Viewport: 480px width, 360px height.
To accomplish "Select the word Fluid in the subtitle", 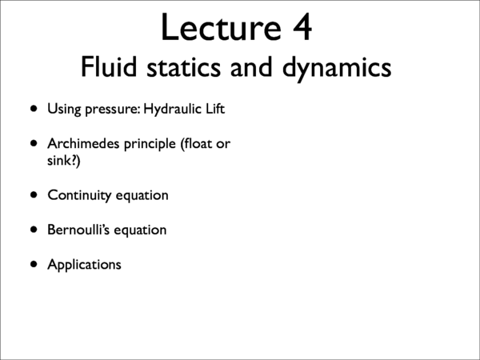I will (110, 67).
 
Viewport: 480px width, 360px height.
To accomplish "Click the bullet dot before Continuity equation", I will (34, 194).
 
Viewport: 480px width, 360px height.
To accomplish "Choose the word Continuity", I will (81, 195).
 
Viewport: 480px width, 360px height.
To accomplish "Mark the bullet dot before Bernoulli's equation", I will (34, 230).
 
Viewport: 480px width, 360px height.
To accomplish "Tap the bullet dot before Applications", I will (34, 264).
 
